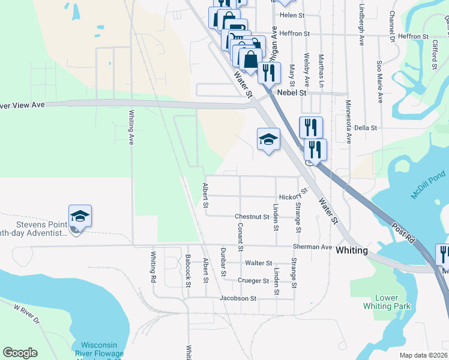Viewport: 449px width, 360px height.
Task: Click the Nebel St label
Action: point(292,93)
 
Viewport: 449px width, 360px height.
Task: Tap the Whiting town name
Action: point(352,250)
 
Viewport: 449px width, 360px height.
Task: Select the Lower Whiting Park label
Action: point(387,302)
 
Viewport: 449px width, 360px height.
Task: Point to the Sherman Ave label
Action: point(312,247)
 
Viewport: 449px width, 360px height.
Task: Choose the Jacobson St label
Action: point(238,298)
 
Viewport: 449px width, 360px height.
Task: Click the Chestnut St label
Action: point(252,216)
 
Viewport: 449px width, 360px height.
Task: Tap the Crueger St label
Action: point(252,281)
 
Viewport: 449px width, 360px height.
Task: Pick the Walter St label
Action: point(259,263)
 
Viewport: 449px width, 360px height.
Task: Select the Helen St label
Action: point(292,14)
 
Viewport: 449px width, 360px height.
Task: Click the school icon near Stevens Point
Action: point(80,215)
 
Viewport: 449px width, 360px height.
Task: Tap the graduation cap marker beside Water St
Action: point(268,140)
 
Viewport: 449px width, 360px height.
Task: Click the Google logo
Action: point(20,353)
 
